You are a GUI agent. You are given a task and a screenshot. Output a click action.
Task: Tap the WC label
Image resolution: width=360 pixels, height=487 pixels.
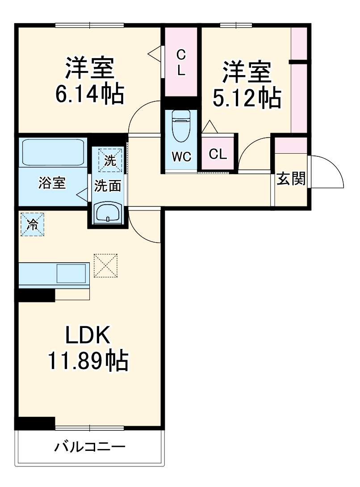pos(181,157)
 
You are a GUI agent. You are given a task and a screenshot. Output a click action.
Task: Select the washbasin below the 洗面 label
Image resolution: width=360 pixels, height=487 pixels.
pos(108,212)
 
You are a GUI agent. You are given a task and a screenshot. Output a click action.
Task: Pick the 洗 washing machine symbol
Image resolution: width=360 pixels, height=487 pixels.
pos(110,160)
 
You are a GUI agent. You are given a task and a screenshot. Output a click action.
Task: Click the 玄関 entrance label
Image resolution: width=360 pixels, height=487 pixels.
pos(291,179)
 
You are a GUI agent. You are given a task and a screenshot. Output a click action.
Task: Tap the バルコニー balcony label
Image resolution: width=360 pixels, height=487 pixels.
pos(90,447)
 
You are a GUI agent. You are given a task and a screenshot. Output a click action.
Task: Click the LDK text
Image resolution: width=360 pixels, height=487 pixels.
pos(88,335)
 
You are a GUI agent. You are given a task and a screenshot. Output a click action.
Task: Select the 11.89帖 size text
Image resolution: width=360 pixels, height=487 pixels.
pos(88,361)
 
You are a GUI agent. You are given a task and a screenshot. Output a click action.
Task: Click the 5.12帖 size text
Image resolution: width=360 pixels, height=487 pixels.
pos(247,98)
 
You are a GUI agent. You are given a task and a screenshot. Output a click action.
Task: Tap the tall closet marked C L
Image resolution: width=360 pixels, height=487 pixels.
pos(181,63)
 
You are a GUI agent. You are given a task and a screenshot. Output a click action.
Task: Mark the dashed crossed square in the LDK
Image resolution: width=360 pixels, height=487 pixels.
pos(105,265)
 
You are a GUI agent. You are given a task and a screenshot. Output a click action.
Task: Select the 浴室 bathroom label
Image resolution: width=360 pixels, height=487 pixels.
pos(52,183)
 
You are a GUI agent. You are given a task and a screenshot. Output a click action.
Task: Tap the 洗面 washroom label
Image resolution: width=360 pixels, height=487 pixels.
pos(108,186)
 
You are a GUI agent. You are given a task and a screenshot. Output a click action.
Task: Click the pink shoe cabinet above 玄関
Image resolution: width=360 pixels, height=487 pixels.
pos(291,145)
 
